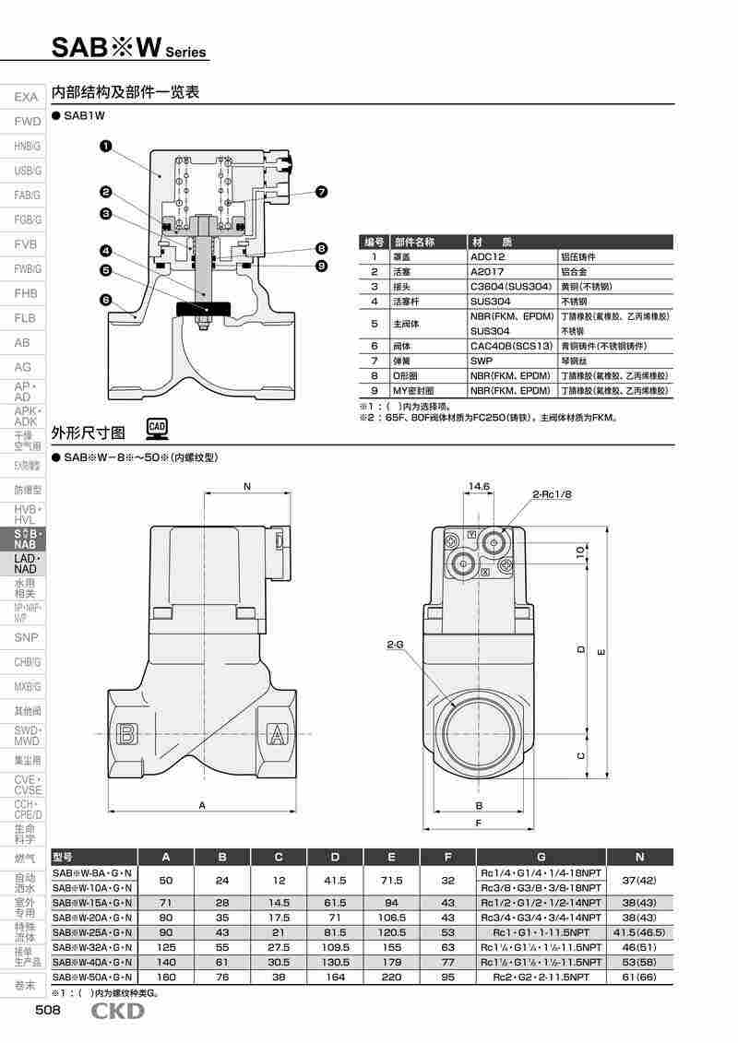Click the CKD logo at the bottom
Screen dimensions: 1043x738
(x=117, y=1012)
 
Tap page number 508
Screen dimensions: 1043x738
(x=48, y=1012)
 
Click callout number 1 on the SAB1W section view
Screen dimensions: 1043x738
(x=106, y=146)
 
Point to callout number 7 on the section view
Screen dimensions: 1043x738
(x=321, y=192)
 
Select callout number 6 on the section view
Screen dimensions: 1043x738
(x=106, y=300)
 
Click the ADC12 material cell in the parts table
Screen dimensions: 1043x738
(x=488, y=257)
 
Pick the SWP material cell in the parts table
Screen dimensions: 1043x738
(x=482, y=361)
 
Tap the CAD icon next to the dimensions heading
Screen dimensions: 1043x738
(x=157, y=427)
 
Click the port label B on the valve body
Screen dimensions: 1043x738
(x=127, y=735)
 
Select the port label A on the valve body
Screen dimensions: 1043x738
(x=275, y=735)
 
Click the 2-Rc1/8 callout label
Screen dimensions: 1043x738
(x=553, y=494)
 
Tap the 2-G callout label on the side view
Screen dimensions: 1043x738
(x=395, y=645)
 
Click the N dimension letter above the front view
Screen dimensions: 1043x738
(x=247, y=486)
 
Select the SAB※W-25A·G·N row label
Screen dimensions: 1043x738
(x=93, y=932)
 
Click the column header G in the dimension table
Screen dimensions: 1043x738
(x=541, y=856)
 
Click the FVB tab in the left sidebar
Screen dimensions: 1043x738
(x=26, y=244)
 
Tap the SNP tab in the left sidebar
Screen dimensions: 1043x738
(x=26, y=637)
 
